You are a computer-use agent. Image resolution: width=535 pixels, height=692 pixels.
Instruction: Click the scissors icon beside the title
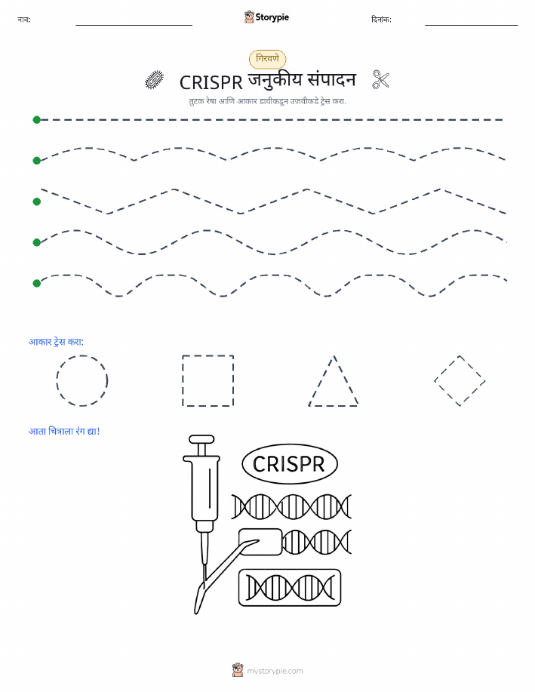pyautogui.click(x=380, y=80)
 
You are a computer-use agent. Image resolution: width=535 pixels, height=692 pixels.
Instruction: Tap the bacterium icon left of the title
pyautogui.click(x=155, y=80)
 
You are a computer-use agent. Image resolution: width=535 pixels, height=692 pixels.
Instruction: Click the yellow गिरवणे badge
pyautogui.click(x=267, y=59)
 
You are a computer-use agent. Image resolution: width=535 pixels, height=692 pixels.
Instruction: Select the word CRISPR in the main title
pyautogui.click(x=211, y=82)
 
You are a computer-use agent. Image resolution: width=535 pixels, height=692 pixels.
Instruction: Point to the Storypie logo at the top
pyautogui.click(x=266, y=17)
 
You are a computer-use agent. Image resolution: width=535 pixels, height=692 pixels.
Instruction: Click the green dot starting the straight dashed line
pyautogui.click(x=37, y=119)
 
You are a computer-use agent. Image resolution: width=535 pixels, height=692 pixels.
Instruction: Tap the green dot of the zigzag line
pyautogui.click(x=37, y=201)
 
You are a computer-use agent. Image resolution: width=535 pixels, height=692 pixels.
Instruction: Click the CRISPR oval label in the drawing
pyautogui.click(x=290, y=464)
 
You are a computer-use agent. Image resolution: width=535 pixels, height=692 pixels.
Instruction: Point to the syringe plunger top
pyautogui.click(x=201, y=439)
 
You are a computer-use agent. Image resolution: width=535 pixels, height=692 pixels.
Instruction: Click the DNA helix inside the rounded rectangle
pyautogui.click(x=290, y=588)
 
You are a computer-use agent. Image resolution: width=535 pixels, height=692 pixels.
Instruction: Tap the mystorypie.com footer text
pyautogui.click(x=275, y=671)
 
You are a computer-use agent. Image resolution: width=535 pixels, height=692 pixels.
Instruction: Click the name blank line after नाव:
pyautogui.click(x=134, y=25)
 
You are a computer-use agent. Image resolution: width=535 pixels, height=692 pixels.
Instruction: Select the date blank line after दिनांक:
pyautogui.click(x=471, y=25)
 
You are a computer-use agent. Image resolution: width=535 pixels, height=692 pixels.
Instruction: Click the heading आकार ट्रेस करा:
pyautogui.click(x=56, y=342)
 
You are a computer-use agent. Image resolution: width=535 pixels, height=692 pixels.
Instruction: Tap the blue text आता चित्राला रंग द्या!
pyautogui.click(x=64, y=431)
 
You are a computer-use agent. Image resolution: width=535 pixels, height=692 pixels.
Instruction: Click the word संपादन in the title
pyautogui.click(x=331, y=80)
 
